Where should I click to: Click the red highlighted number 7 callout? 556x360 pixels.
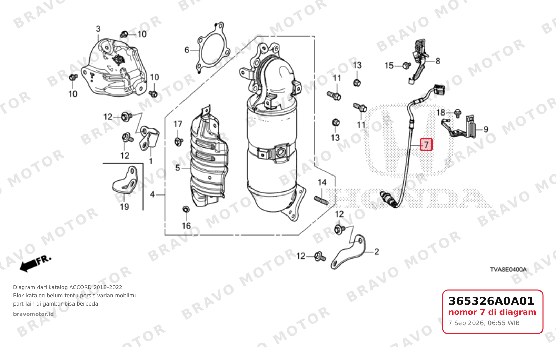(x=426, y=144)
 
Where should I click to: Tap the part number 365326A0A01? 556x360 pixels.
(x=491, y=301)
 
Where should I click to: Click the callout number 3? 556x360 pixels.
(x=98, y=29)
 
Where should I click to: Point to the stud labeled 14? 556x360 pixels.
(x=321, y=200)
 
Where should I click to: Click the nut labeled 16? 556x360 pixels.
(x=186, y=209)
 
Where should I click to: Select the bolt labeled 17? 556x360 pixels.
(x=178, y=142)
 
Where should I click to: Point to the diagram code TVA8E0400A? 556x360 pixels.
(x=508, y=269)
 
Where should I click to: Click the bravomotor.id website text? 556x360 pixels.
(x=33, y=314)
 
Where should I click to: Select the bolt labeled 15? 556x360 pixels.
(x=406, y=66)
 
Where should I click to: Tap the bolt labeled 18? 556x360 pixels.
(x=458, y=113)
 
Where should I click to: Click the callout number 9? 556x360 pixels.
(x=486, y=129)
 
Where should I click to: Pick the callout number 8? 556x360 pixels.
(x=438, y=61)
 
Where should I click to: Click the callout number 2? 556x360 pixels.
(x=377, y=252)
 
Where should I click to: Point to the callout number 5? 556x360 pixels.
(x=178, y=168)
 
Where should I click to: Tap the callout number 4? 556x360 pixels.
(x=152, y=194)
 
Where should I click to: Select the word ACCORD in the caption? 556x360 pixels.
(x=80, y=287)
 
